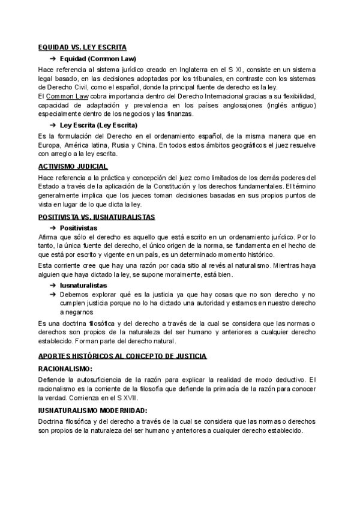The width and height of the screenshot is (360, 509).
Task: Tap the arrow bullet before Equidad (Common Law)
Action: (53, 59)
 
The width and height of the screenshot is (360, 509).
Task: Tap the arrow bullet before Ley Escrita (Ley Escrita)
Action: (53, 125)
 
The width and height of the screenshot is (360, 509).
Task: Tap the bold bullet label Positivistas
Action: (79, 227)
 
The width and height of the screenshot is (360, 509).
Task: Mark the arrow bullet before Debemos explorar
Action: (53, 294)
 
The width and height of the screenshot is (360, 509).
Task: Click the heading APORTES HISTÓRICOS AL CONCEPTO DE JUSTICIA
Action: (122, 356)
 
